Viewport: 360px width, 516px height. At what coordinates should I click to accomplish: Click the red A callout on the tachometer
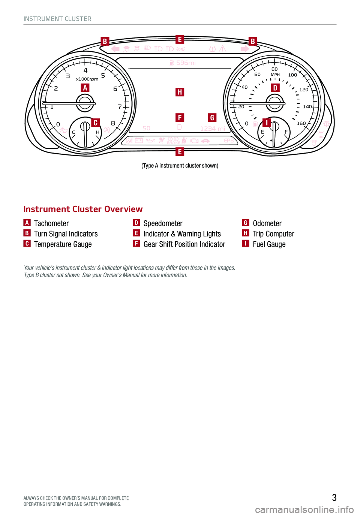tap(85, 88)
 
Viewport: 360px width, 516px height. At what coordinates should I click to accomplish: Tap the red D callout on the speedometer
tap(275, 88)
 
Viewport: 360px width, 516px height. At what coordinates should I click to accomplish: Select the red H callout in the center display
tap(180, 92)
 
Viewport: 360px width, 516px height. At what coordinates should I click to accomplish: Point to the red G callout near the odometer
tap(212, 118)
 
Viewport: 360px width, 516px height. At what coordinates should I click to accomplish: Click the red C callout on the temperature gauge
tap(95, 123)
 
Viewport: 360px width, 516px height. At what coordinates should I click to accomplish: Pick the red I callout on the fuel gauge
tap(267, 123)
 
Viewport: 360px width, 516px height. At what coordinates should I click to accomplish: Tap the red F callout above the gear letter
tap(180, 118)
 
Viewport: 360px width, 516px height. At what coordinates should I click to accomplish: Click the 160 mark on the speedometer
tap(301, 123)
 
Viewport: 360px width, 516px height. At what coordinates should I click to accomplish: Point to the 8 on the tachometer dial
tap(113, 123)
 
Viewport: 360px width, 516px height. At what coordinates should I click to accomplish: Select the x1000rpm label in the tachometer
tap(87, 79)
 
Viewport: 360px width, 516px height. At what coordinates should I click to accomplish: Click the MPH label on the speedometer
tap(275, 75)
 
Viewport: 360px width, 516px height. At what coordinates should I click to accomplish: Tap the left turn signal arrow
tap(115, 49)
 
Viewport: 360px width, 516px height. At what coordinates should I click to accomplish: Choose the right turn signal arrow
tap(245, 49)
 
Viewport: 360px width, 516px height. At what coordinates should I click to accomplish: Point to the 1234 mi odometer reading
tap(213, 129)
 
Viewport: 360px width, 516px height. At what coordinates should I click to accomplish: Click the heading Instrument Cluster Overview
tap(83, 209)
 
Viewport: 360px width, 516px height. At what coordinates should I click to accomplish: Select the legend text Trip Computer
tap(273, 234)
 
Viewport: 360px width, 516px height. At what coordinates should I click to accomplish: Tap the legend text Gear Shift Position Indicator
tap(184, 244)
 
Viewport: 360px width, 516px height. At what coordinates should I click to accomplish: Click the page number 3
tap(334, 498)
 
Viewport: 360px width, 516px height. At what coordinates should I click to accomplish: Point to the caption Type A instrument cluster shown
tap(180, 166)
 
